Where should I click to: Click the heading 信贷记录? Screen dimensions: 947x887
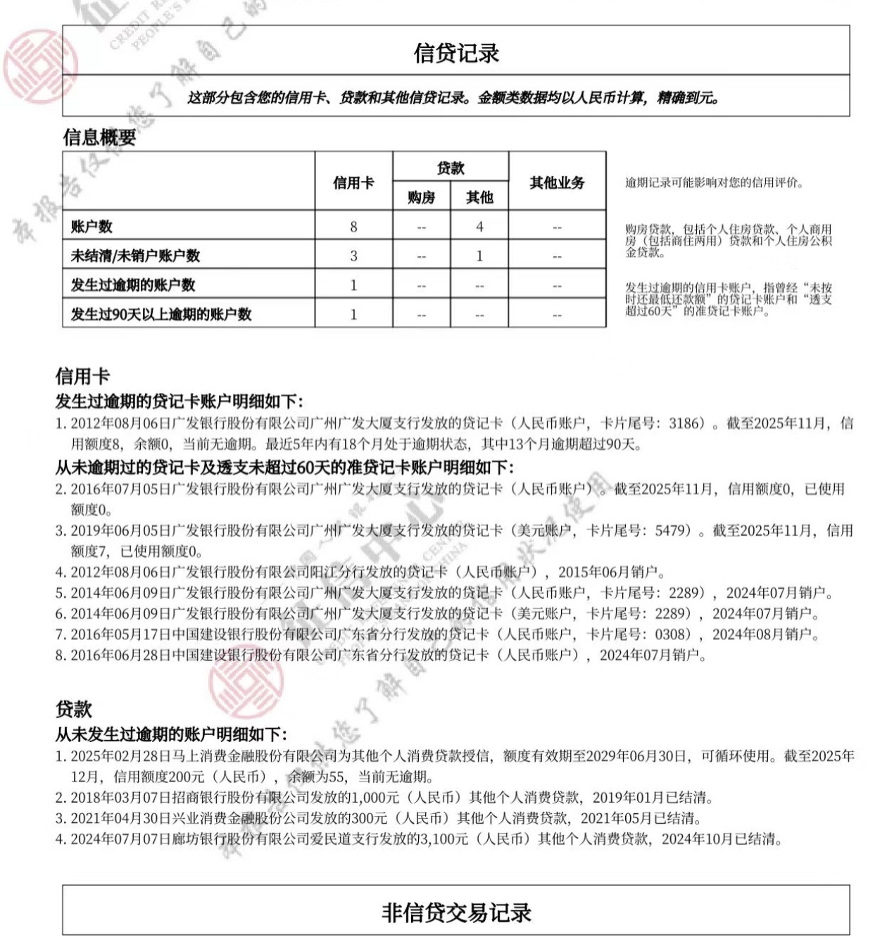tap(455, 54)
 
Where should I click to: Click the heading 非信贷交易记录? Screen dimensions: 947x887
tap(455, 912)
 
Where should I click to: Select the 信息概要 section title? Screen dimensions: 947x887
tap(99, 137)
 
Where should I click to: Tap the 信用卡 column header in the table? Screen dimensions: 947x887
tap(353, 183)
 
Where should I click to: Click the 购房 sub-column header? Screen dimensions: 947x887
tap(421, 198)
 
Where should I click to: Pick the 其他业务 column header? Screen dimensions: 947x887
tap(557, 183)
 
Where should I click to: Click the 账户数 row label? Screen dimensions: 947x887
tap(92, 227)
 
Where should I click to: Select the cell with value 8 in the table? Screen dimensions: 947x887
tap(353, 227)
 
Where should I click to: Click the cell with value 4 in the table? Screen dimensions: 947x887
tap(479, 227)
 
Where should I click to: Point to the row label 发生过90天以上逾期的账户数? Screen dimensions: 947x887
tap(161, 314)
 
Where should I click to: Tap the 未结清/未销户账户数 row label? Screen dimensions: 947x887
tap(135, 256)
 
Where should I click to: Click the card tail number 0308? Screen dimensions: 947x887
tap(672, 634)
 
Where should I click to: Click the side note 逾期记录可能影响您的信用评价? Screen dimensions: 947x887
tap(714, 183)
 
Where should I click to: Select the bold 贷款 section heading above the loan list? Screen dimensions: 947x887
tap(74, 709)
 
